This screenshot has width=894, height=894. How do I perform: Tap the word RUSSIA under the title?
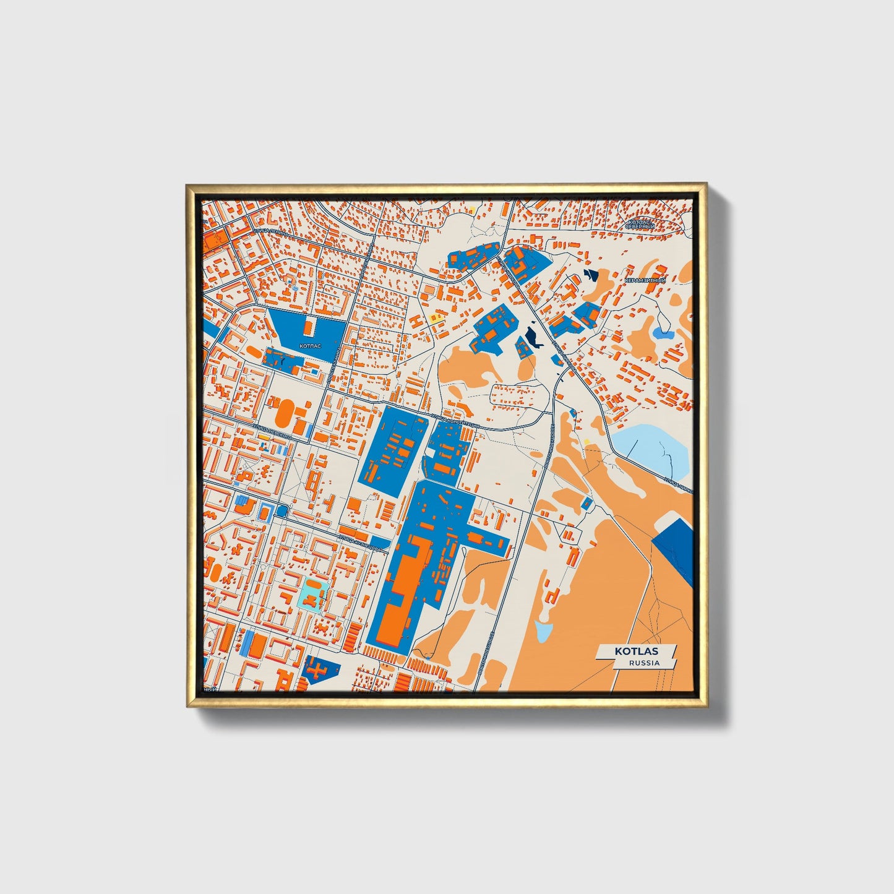click(x=643, y=663)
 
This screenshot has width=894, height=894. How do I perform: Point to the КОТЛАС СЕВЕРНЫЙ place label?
click(x=640, y=224)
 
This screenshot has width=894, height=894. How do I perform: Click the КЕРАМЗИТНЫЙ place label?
click(x=645, y=281)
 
